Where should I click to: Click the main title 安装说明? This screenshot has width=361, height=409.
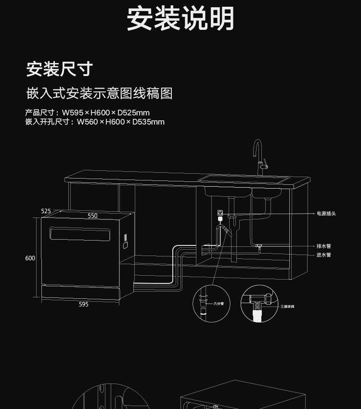[x=180, y=19]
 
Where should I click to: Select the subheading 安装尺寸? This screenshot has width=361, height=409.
[x=59, y=69]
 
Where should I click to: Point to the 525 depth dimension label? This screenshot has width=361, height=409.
[x=46, y=211]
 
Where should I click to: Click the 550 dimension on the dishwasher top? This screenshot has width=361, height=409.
[x=92, y=216]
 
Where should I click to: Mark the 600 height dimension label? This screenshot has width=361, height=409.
[x=30, y=258]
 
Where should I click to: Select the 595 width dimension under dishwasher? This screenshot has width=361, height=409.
[x=83, y=305]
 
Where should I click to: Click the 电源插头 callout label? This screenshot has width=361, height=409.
[x=326, y=213]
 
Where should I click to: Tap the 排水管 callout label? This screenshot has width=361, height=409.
[x=323, y=246]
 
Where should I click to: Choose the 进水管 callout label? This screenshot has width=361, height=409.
[x=323, y=255]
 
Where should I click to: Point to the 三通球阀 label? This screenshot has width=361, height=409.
[x=287, y=307]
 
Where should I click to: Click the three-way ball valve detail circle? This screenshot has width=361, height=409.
[x=260, y=303]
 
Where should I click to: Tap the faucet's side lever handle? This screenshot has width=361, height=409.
[x=265, y=166]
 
